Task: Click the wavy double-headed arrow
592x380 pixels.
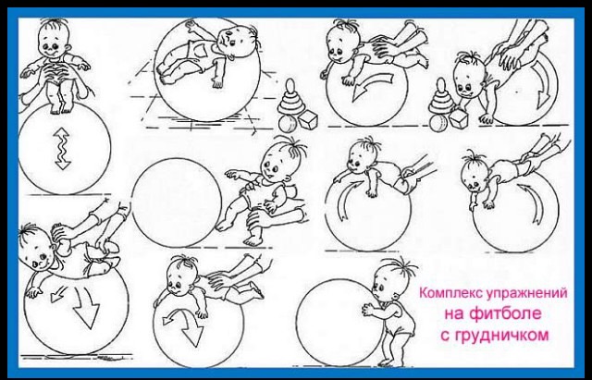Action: pos(62,148)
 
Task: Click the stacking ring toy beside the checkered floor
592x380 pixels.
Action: pos(290,97)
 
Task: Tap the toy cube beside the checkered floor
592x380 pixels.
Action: pos(308,119)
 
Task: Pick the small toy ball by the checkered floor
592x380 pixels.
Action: pos(288,124)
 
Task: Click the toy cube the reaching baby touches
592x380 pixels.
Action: pos(459,118)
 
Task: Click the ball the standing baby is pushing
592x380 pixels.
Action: pos(339,322)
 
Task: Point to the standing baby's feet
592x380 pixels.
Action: pos(390,362)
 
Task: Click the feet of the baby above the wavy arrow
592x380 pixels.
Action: pos(61,108)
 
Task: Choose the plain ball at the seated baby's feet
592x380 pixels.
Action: pos(177,202)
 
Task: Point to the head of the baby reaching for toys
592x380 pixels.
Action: pos(469,78)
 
